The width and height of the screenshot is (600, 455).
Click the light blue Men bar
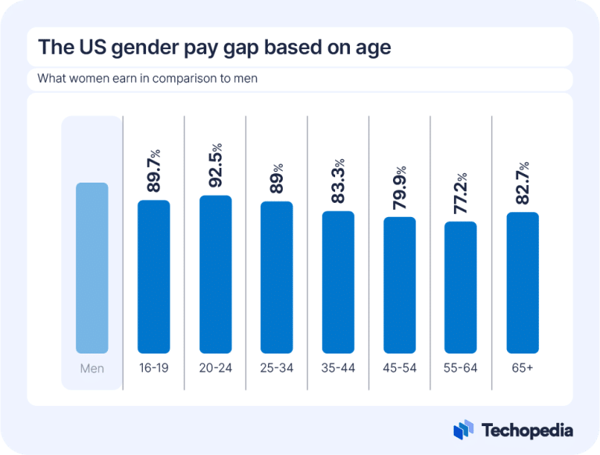tap(91, 268)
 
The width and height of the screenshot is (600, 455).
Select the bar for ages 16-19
tap(153, 276)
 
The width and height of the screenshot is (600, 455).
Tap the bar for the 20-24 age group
tap(216, 274)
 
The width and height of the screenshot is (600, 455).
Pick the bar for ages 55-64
tap(460, 287)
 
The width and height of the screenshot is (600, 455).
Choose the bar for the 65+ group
tap(522, 283)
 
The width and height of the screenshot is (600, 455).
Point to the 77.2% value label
tap(461, 193)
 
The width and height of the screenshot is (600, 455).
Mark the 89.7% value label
tap(154, 172)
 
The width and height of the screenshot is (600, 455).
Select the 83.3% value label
tap(338, 181)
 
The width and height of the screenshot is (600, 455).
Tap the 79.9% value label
tap(400, 187)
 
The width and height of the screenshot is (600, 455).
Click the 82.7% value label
tap(523, 183)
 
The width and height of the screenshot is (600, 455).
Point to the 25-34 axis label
tap(277, 368)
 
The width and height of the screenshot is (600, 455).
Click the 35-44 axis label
tap(338, 368)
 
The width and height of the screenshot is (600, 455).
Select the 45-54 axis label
tap(399, 368)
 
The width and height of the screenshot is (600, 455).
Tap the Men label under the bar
tap(91, 368)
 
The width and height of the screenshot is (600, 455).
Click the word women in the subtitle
tap(87, 79)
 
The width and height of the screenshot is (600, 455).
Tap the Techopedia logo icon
tap(464, 430)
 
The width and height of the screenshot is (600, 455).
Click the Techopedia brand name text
tap(527, 430)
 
